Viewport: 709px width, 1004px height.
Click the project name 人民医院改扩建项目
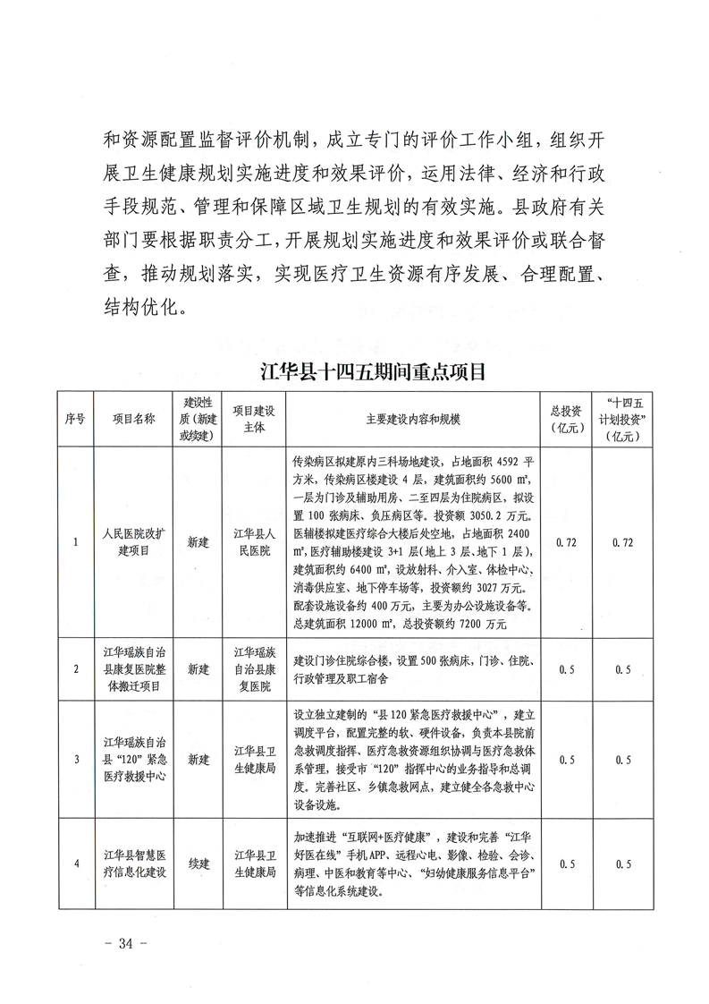point(134,542)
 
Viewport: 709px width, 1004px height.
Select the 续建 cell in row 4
point(198,864)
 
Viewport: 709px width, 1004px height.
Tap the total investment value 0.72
point(566,542)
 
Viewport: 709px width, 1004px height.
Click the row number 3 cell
point(76,760)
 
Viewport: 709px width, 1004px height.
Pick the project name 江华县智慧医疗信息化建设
point(134,864)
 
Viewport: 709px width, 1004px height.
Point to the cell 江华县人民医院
point(254,542)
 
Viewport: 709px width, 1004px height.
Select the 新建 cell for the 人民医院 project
point(198,542)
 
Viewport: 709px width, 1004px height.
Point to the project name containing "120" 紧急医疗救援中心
point(134,760)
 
